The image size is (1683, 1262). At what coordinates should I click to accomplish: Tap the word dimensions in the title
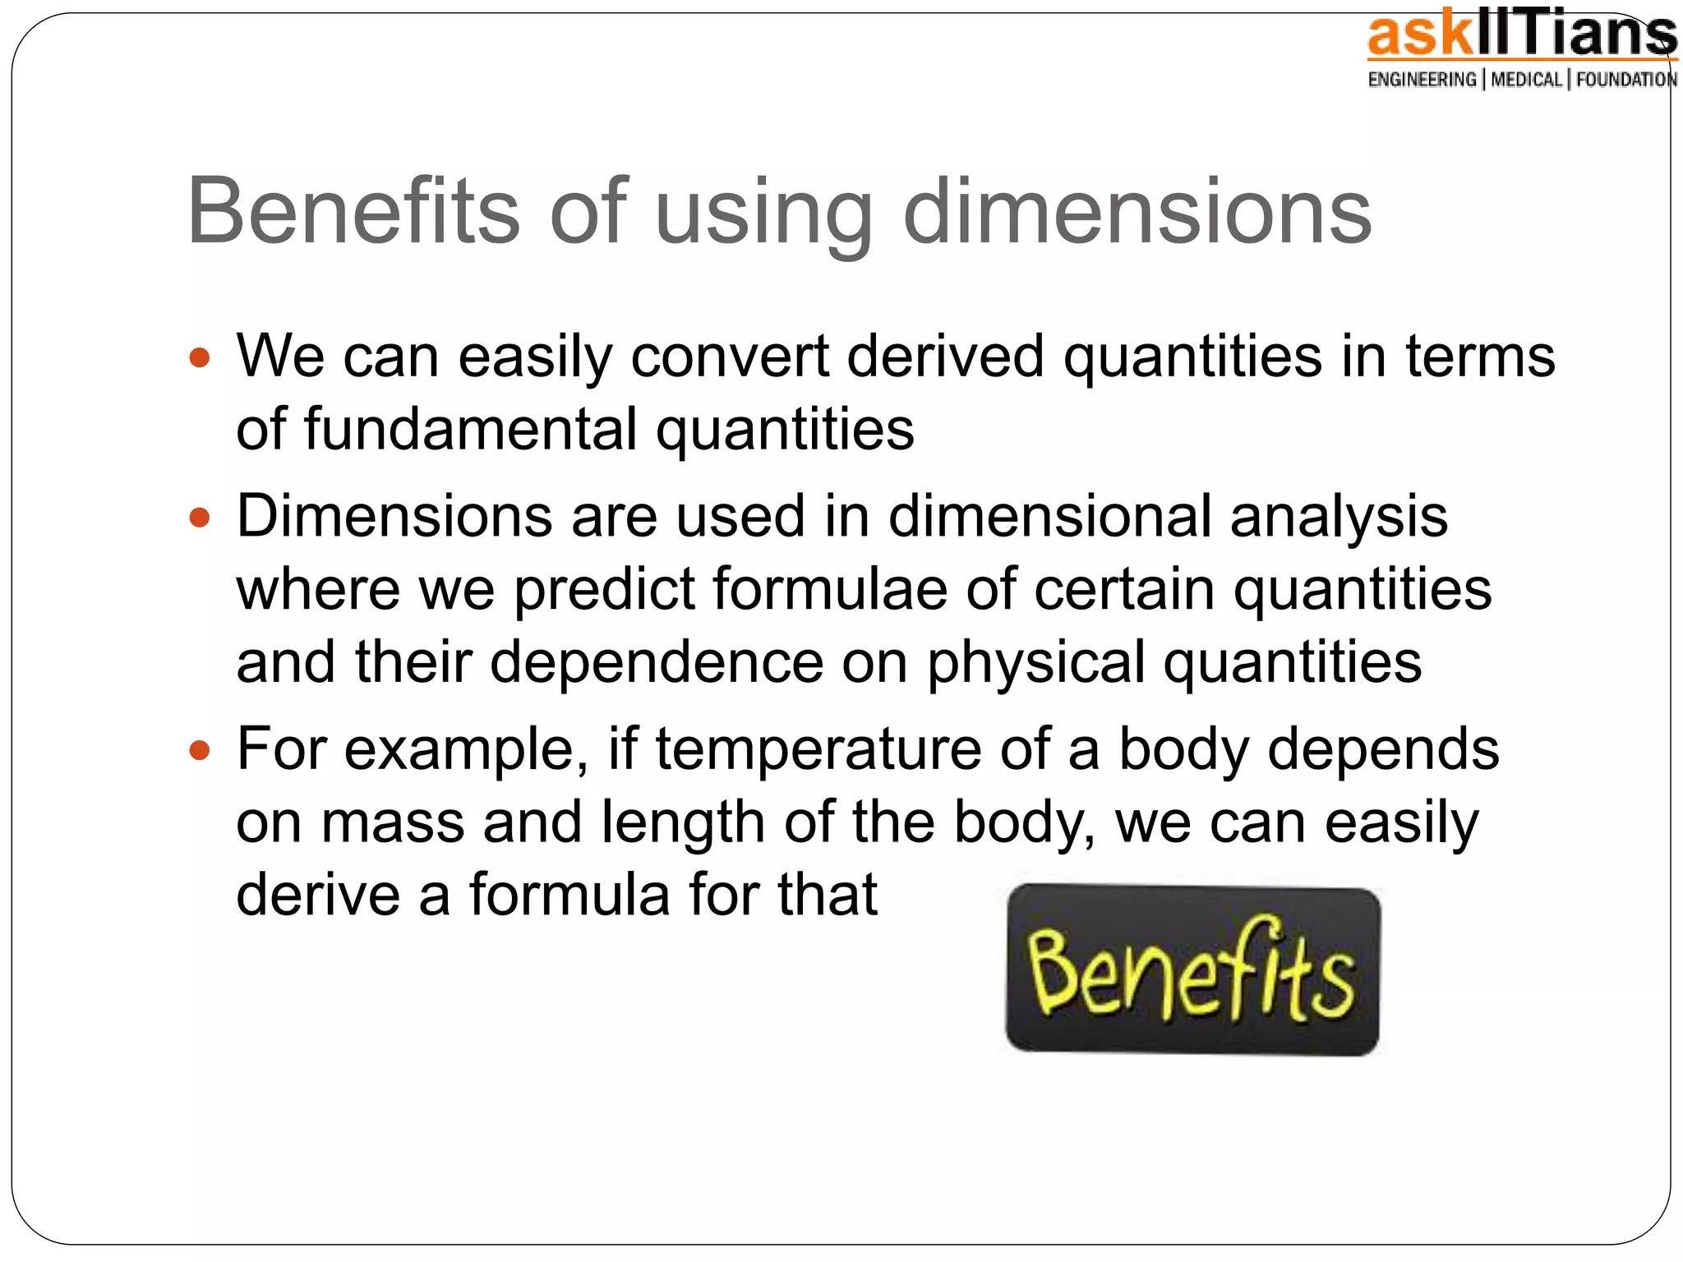[x=1137, y=211]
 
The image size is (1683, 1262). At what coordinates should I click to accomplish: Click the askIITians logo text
[x=1521, y=37]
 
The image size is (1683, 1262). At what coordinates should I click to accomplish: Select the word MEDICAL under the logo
[x=1526, y=80]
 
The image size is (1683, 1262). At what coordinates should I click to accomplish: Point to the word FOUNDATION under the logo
[x=1626, y=80]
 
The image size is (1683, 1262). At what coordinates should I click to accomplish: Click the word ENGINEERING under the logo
[x=1422, y=80]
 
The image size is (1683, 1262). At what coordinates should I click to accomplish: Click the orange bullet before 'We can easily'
[x=200, y=358]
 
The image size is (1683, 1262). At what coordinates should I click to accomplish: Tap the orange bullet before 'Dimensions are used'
[x=200, y=518]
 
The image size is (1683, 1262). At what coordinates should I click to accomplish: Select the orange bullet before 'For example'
[x=200, y=750]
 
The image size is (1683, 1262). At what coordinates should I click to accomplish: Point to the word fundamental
[x=470, y=429]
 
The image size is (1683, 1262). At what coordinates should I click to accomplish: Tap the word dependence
[x=657, y=662]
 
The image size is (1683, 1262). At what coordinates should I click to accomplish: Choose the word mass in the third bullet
[x=392, y=822]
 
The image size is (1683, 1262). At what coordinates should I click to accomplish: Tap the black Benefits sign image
[x=1192, y=970]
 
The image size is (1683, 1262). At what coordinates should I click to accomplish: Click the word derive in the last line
[x=317, y=895]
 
